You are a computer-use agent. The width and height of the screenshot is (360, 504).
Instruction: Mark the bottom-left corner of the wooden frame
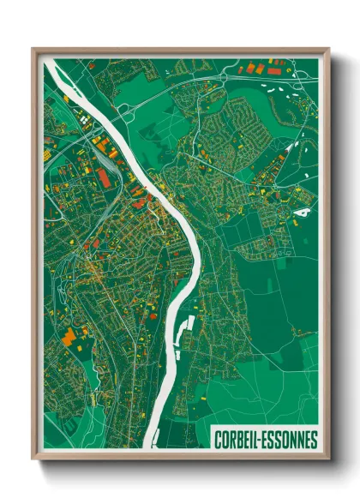click(33, 460)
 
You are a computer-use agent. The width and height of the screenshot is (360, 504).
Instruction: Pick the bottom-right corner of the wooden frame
click(328, 460)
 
